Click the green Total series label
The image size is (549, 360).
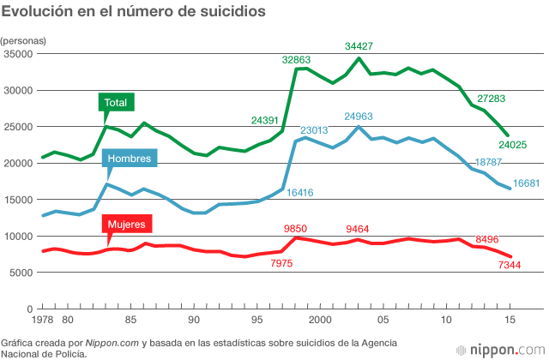click(116, 103)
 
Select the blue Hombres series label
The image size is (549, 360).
click(128, 159)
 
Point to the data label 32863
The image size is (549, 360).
click(297, 60)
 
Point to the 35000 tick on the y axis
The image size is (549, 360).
click(18, 54)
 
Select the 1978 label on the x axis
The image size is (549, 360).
click(41, 320)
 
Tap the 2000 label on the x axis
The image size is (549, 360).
click(320, 320)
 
